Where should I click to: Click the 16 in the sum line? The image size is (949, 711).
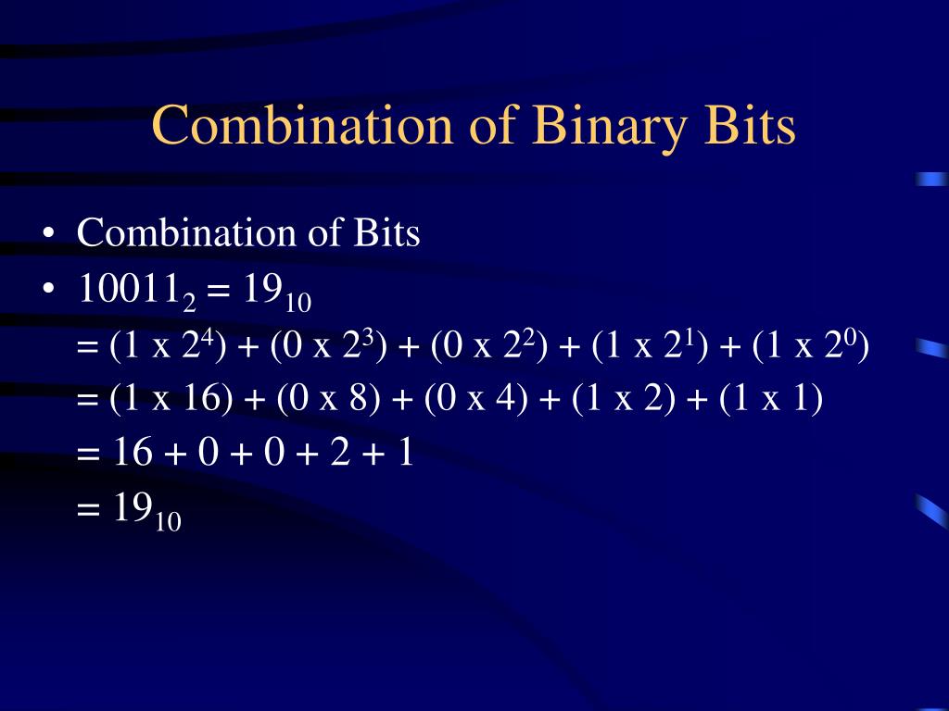[x=132, y=454]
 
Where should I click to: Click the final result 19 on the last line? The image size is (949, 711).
[x=133, y=508]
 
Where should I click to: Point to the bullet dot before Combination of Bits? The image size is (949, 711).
[x=48, y=233]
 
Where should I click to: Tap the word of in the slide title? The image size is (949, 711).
[x=492, y=126]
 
